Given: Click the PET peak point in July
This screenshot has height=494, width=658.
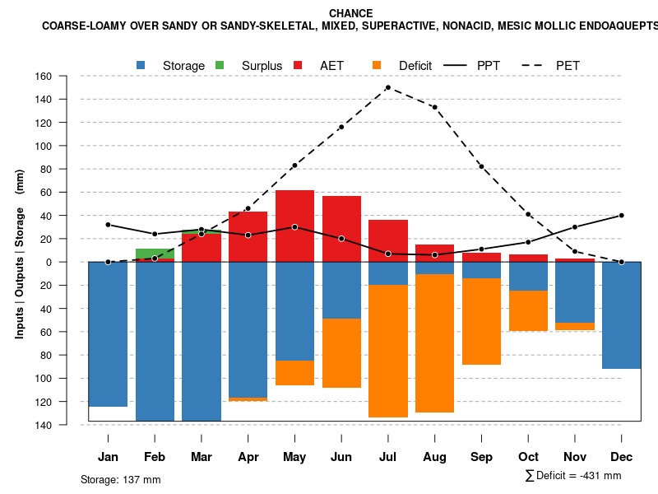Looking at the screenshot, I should [x=387, y=87].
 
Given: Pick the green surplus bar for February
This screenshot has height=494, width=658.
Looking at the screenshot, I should [x=155, y=253].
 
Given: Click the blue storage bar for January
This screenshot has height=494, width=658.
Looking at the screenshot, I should [x=108, y=333].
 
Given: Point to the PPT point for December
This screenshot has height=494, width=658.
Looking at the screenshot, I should [x=621, y=215].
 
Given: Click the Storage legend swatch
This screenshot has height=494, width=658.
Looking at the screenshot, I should [x=141, y=65].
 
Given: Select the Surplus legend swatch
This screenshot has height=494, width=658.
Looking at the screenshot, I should [x=220, y=65].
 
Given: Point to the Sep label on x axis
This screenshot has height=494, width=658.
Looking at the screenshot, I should [x=481, y=457].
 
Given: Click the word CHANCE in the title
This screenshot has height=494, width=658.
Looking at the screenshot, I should [x=350, y=13].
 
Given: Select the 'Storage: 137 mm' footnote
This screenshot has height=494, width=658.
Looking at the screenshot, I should [x=121, y=479].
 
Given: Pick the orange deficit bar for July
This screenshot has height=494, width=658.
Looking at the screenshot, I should [x=387, y=351].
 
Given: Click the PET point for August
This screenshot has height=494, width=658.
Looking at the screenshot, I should [x=434, y=107].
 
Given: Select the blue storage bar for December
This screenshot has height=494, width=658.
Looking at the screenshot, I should [x=621, y=315].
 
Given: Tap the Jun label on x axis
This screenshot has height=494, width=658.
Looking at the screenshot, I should [x=341, y=457].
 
